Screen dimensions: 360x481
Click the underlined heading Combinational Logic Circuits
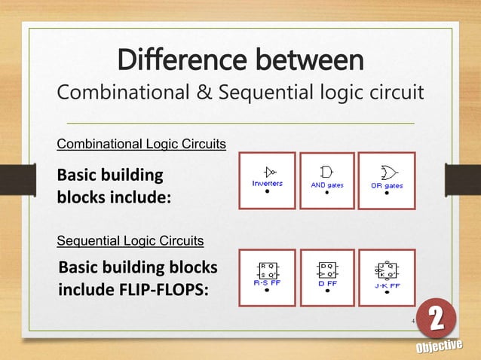(x=142, y=144)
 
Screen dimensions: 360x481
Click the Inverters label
(x=268, y=185)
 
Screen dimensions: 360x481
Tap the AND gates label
(x=327, y=185)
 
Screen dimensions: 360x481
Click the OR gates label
(x=386, y=185)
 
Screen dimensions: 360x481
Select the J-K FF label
(x=386, y=285)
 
